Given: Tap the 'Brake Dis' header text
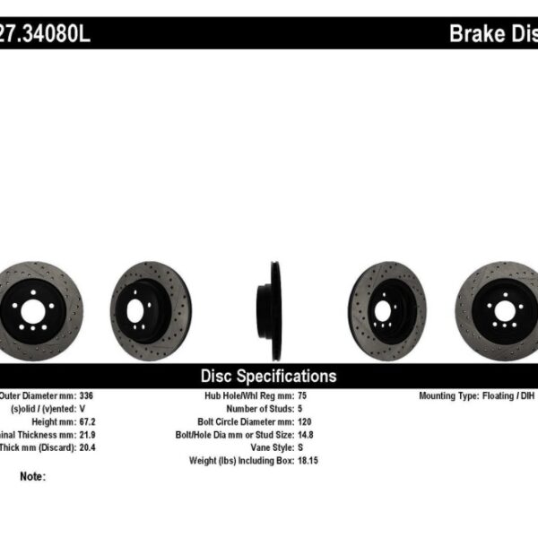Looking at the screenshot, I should coord(492,35).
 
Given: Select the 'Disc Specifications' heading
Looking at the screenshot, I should coord(268,377).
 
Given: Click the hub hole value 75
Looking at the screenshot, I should coord(302,395).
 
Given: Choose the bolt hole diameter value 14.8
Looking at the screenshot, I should coord(306,433).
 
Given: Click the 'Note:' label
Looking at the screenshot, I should coord(32,477).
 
